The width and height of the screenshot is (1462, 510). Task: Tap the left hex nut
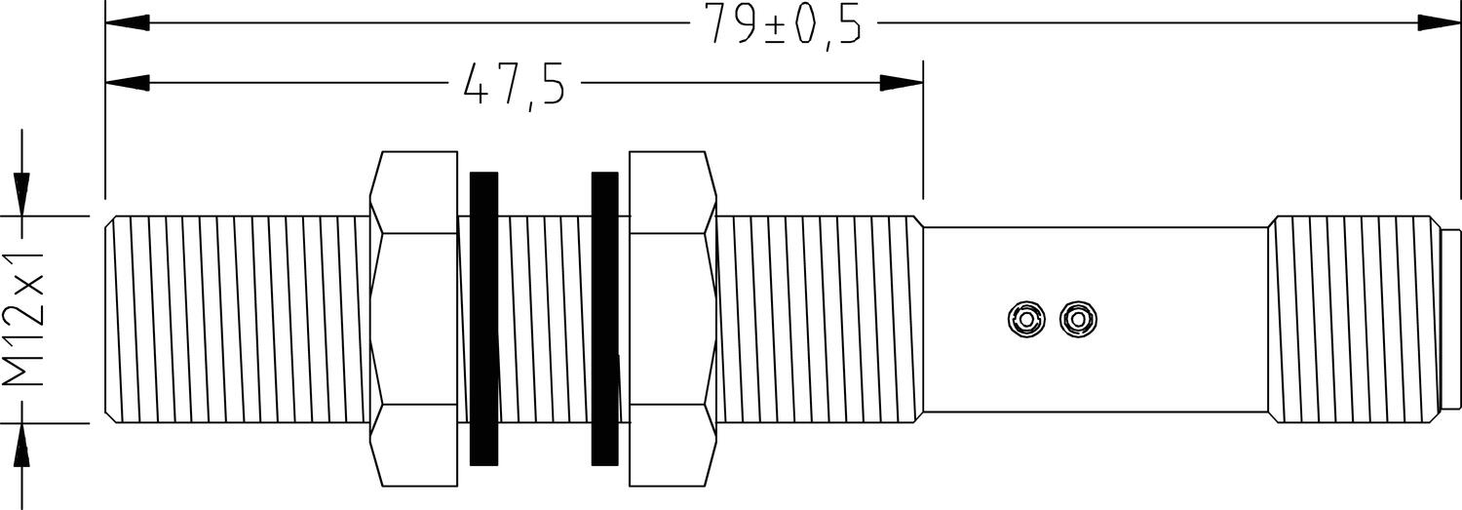(414, 318)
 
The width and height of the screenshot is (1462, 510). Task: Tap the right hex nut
(673, 318)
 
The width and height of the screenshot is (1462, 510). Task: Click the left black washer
(484, 318)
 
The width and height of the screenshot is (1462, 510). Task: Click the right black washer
(605, 318)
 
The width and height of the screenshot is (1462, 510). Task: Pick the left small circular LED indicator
(1026, 318)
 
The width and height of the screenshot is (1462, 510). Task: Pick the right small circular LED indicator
(1076, 318)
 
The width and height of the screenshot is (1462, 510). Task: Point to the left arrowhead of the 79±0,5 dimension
(127, 22)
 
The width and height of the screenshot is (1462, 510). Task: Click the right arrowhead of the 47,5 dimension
(901, 83)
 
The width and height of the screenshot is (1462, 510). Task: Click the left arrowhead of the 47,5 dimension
(127, 83)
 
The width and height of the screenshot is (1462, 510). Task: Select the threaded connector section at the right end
(1355, 319)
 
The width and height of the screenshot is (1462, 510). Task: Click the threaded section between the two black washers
(545, 318)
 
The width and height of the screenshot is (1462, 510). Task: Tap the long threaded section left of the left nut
(239, 318)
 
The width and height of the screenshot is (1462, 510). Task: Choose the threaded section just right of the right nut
(819, 318)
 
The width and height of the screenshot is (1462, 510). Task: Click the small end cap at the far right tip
(1450, 319)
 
